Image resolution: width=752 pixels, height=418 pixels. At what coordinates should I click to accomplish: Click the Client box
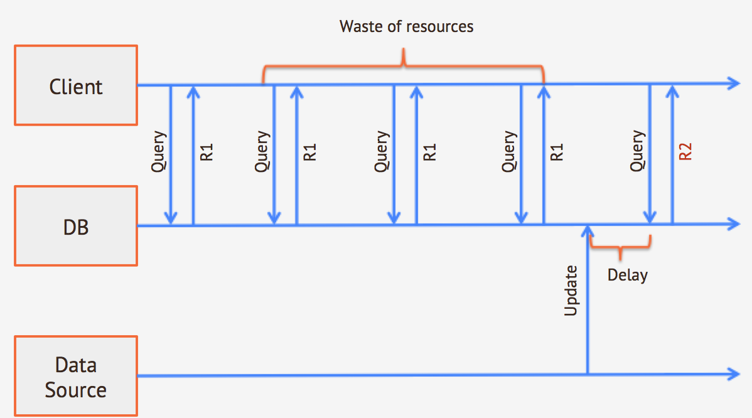[76, 85]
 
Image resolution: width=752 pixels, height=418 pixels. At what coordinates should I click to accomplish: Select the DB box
[76, 226]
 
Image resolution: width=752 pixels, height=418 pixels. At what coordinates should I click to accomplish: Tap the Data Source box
[76, 377]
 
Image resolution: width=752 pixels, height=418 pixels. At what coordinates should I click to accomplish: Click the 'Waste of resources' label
[406, 26]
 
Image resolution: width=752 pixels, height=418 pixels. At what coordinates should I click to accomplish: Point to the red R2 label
[685, 153]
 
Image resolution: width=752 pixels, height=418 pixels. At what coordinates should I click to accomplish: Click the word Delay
[627, 275]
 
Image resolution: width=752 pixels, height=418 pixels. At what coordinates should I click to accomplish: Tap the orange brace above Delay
[621, 246]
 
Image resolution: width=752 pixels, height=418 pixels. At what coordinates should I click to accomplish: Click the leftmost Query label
[159, 153]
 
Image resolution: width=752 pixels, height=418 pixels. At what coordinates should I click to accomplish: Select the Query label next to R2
[638, 151]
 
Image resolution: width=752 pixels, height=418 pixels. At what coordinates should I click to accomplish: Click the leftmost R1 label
[207, 153]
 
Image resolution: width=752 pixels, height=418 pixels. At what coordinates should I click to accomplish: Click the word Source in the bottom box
[76, 390]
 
